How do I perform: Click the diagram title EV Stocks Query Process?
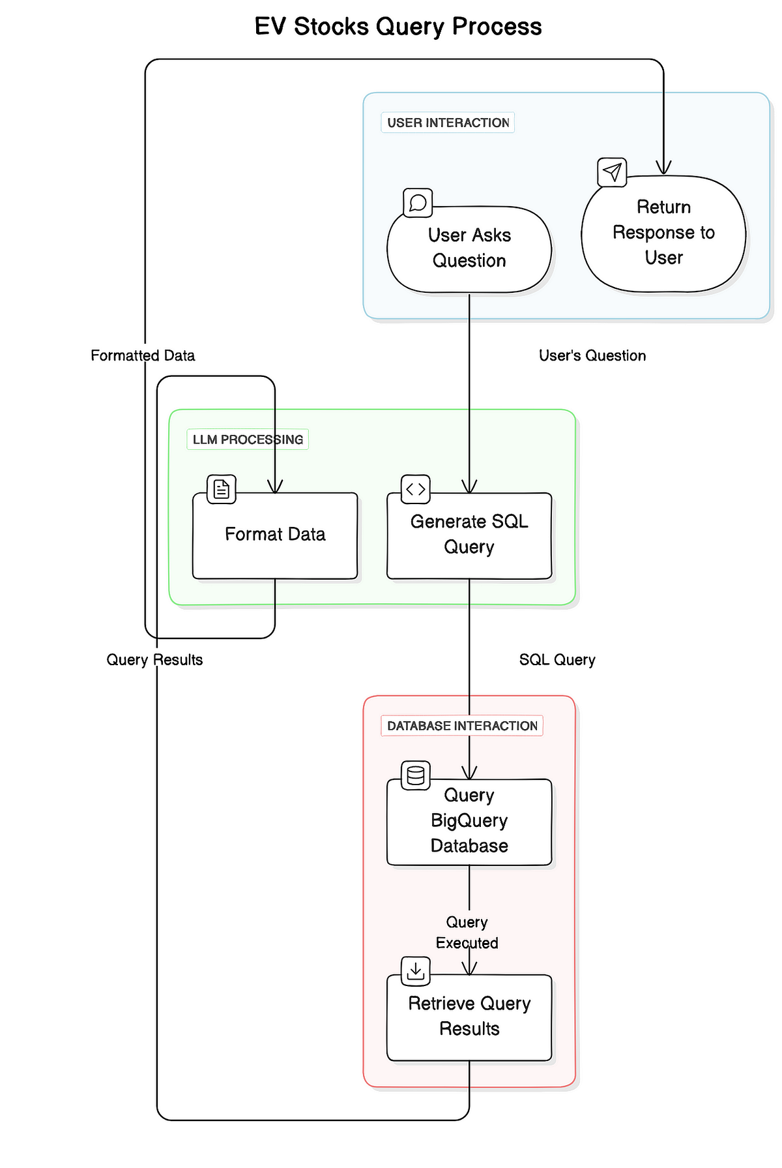(398, 27)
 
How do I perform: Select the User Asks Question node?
(469, 248)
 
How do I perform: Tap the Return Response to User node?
(663, 233)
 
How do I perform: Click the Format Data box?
(275, 535)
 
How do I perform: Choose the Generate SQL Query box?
(469, 535)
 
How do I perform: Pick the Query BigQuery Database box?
(469, 821)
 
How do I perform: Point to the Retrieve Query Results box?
(469, 1017)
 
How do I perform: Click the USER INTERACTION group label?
(448, 123)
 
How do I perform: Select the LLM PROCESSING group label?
(248, 440)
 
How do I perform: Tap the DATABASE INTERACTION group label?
(462, 726)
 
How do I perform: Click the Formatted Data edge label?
(143, 355)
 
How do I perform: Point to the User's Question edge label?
(592, 355)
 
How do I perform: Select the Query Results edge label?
(154, 660)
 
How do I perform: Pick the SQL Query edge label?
(557, 660)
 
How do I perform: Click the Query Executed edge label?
(467, 933)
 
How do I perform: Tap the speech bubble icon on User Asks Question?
(418, 203)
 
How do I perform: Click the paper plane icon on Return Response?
(612, 172)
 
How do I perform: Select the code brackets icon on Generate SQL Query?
(416, 489)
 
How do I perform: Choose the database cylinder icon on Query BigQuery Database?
(416, 775)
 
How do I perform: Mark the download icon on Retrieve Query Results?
(416, 971)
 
